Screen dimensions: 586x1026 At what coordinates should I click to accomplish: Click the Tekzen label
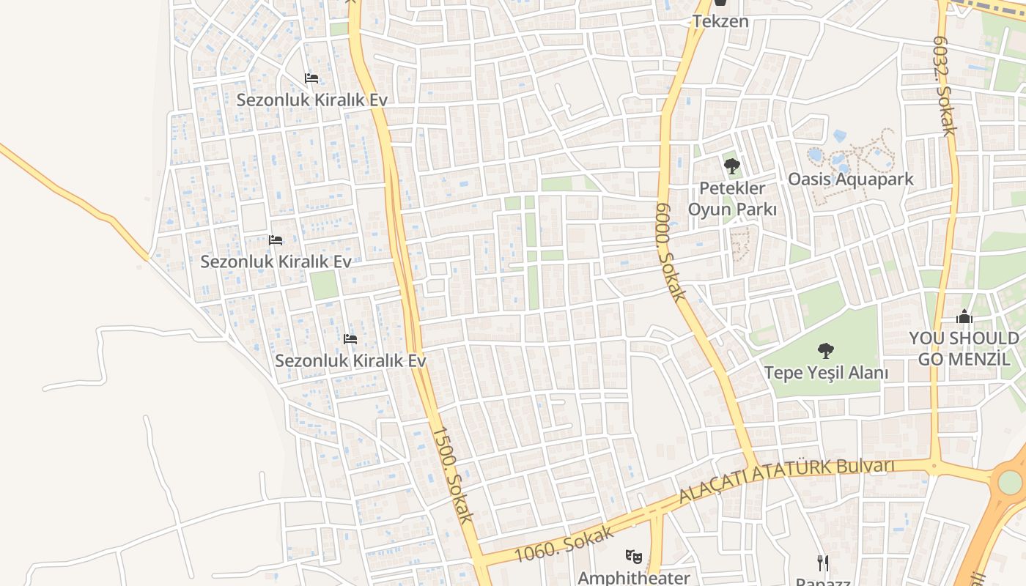720,21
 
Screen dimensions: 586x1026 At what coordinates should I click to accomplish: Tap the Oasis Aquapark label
850,179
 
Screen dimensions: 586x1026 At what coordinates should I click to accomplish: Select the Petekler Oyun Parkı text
731,199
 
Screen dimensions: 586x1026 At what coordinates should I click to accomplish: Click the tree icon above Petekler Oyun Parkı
731,166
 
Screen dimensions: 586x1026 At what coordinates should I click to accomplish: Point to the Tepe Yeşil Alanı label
826,373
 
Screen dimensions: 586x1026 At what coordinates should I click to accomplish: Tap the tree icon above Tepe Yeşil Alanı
826,351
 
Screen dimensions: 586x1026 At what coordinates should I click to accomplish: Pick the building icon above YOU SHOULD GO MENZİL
964,317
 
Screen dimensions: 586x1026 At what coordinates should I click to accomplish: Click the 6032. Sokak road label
943,86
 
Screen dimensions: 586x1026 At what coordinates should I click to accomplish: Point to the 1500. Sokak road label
451,475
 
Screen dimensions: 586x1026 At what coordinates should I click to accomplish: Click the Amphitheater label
634,577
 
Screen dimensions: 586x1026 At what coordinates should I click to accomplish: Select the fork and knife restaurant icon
823,563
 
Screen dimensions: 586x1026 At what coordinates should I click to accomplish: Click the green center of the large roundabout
1010,482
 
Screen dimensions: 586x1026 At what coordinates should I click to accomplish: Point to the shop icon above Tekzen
720,4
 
